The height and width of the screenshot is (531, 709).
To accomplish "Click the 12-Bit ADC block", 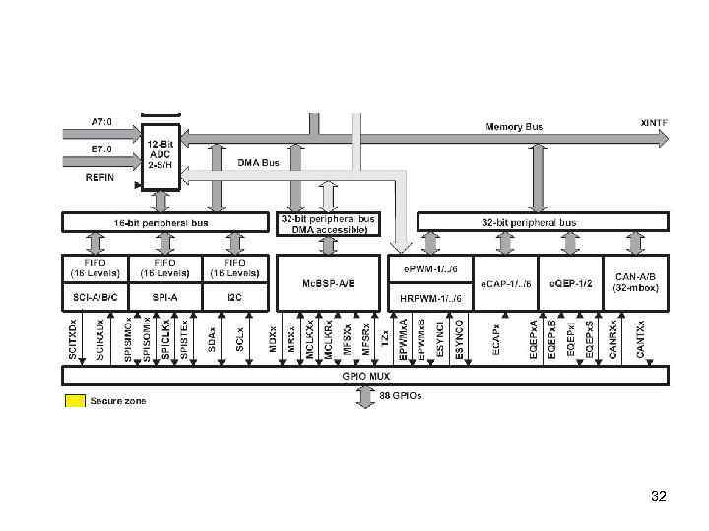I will tap(162, 155).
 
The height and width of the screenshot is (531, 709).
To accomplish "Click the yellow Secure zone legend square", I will tap(74, 400).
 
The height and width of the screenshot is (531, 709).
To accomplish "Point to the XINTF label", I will tap(654, 122).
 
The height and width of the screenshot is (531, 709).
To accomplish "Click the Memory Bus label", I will tap(513, 126).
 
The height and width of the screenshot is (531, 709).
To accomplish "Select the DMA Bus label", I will tap(258, 162).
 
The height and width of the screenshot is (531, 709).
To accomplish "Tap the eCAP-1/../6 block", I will tap(506, 283).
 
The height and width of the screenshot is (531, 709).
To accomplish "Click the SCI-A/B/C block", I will tap(96, 296).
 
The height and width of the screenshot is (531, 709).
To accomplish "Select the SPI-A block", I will tap(165, 296).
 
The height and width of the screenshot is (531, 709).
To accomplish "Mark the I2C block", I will tap(235, 296).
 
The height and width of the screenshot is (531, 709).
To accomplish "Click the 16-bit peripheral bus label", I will tap(164, 223).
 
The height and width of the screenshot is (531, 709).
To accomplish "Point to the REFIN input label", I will tap(99, 178).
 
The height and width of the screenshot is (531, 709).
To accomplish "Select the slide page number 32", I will tap(659, 497).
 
